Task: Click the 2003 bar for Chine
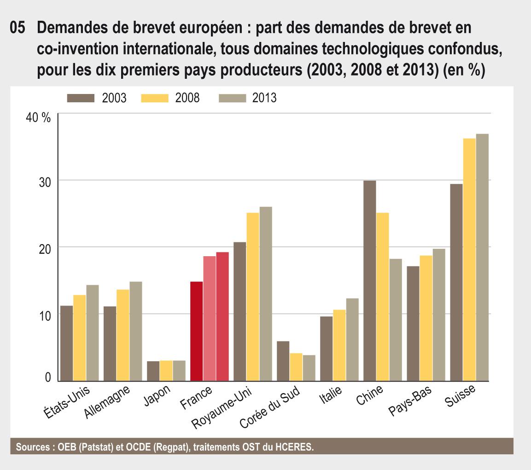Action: tap(370, 281)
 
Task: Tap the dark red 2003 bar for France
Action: tap(196, 331)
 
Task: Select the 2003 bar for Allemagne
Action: tap(110, 343)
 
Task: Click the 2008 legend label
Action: tap(187, 98)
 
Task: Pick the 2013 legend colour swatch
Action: tap(234, 98)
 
